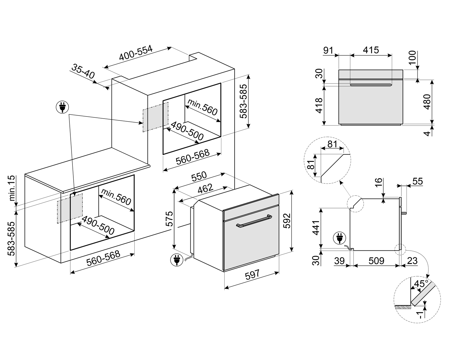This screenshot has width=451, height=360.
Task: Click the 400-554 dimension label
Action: tap(136, 53)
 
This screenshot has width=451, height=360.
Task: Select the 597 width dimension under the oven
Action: tap(252, 275)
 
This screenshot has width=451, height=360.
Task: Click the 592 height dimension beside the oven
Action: tap(287, 220)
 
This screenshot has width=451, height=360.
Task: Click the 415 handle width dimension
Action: tap(371, 50)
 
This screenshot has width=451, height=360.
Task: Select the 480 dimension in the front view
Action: tap(427, 102)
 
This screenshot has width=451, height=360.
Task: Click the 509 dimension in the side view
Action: tap(376, 261)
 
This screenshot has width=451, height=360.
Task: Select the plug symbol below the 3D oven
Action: tap(176, 260)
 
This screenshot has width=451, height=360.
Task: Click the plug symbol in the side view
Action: tap(339, 239)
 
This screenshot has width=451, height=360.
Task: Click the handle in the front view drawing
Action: tap(371, 85)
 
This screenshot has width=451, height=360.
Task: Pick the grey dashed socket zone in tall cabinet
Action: tap(155, 116)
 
